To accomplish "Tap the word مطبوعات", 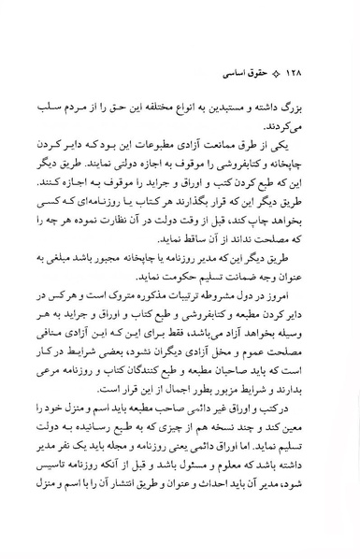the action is click(197, 158).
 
